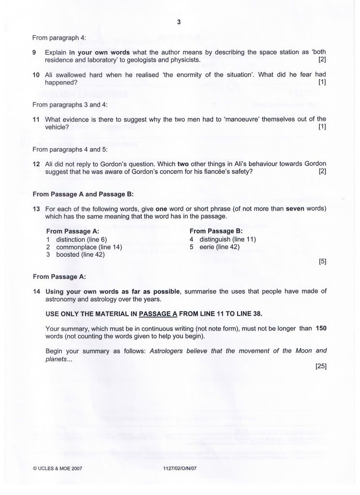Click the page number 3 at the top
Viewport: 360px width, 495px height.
point(179,22)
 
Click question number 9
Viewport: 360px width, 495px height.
point(34,52)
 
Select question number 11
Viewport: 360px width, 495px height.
point(35,119)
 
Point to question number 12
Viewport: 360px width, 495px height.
point(35,164)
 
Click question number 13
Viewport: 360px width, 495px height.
point(35,208)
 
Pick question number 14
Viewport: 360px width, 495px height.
point(35,291)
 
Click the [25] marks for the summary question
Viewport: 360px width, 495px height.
point(321,366)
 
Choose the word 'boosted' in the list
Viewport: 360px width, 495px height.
point(68,254)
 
